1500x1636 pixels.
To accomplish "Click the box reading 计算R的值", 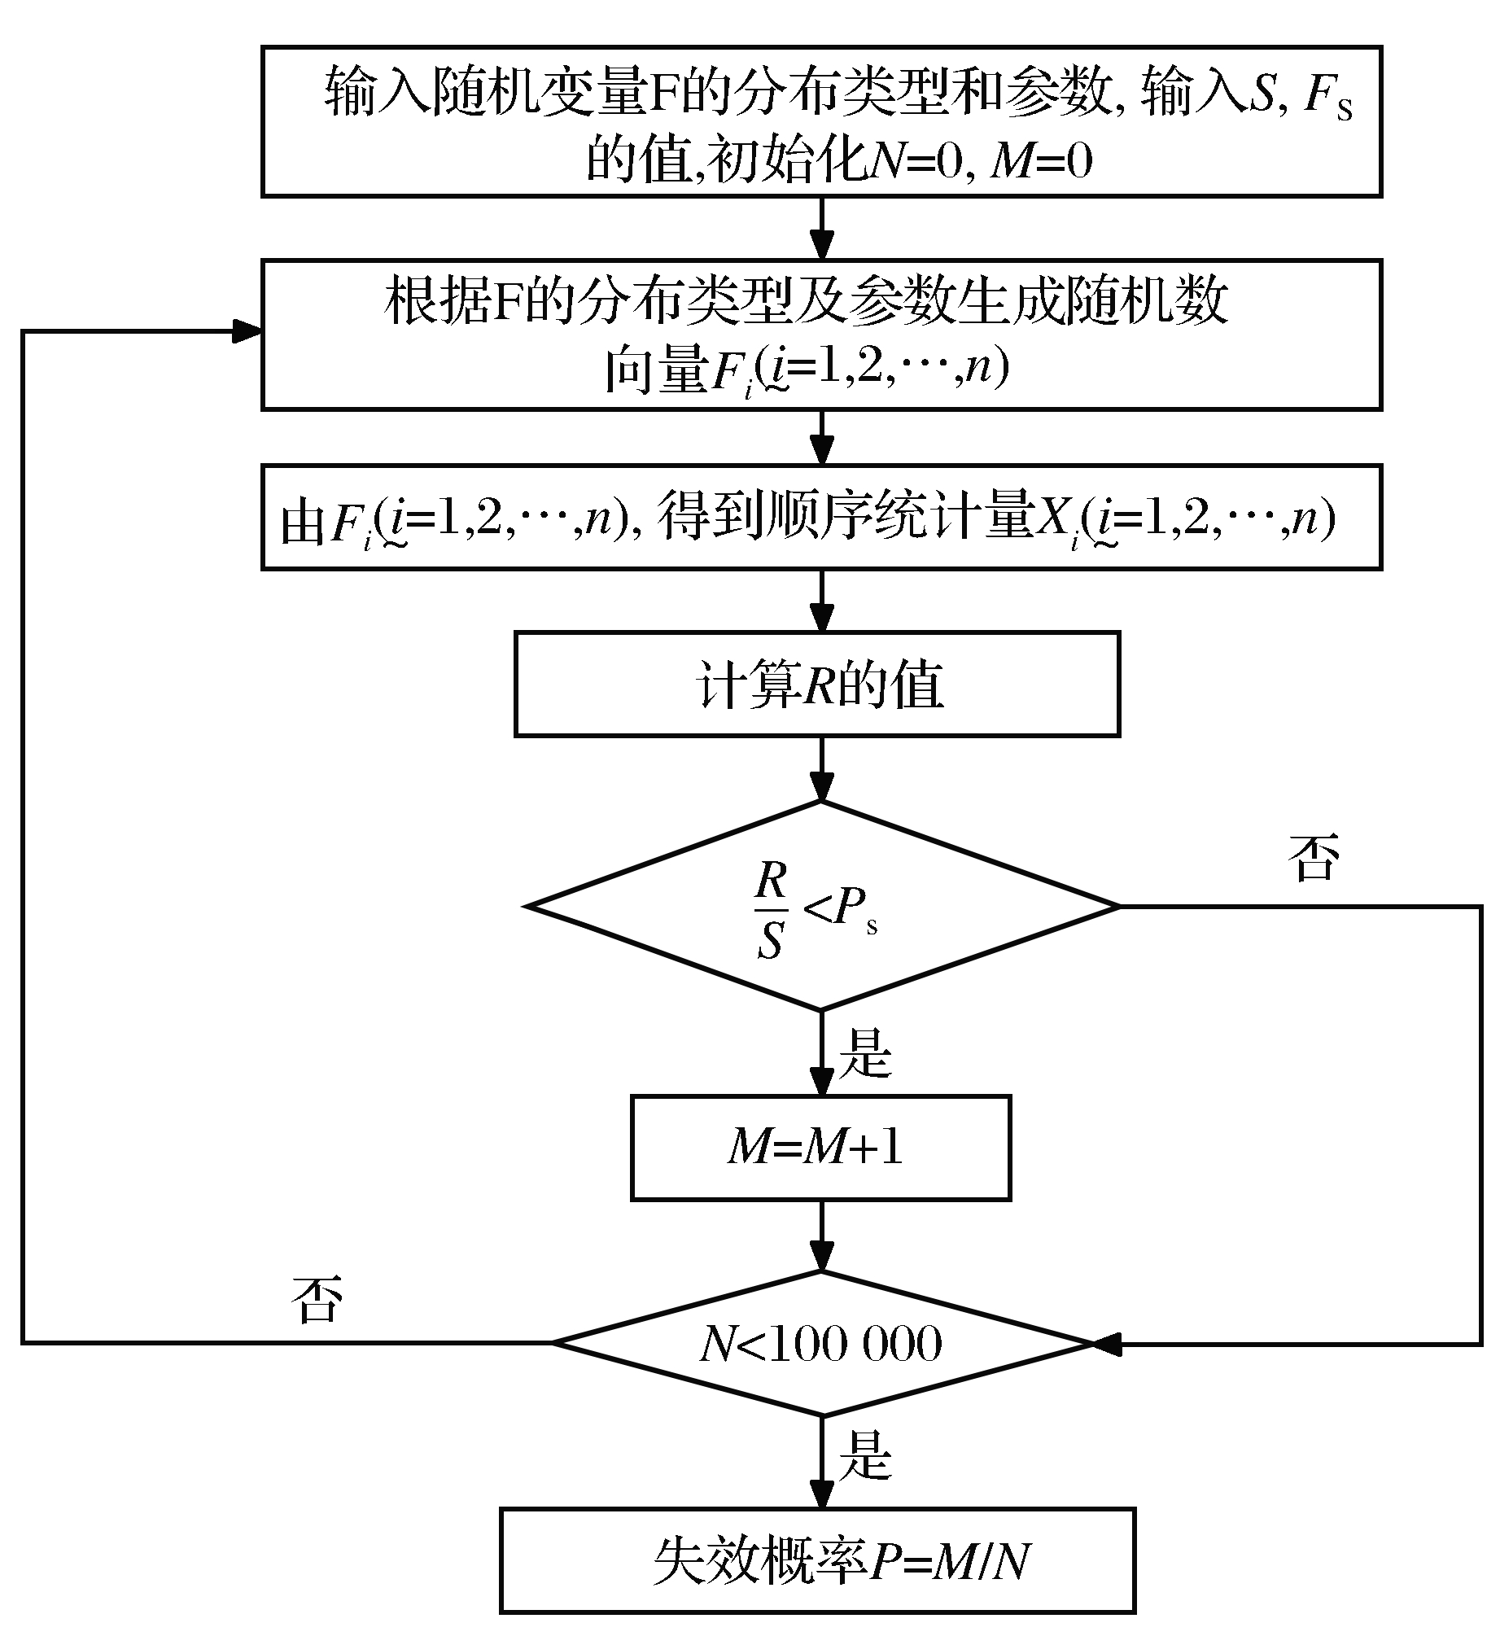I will coord(817,685).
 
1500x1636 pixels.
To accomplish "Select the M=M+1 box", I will coord(820,1148).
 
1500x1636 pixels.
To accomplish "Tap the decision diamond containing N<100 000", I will coord(822,1343).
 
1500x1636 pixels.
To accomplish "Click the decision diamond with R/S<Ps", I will coord(822,906).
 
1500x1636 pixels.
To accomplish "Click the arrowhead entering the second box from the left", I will coord(247,331).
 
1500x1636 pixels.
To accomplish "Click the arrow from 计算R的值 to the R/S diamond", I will coord(822,769).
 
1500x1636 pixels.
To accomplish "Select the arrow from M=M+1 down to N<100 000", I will coord(822,1235).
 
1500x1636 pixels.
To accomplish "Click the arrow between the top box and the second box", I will coord(822,229).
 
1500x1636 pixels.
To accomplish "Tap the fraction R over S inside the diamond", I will coord(770,908).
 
